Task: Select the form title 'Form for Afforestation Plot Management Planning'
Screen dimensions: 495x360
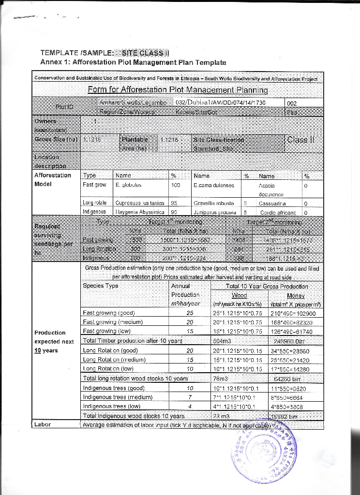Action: [178, 90]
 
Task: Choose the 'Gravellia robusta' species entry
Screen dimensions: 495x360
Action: [213, 203]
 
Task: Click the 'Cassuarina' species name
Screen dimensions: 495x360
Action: [274, 203]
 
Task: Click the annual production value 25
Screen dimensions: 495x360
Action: [190, 313]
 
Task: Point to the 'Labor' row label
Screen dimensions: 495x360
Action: [43, 424]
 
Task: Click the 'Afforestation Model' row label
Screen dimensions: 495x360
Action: [53, 180]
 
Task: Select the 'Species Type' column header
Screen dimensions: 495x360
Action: [101, 286]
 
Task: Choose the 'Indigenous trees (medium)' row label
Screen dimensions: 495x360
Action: [118, 397]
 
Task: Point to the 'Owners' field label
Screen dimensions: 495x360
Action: [45, 121]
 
